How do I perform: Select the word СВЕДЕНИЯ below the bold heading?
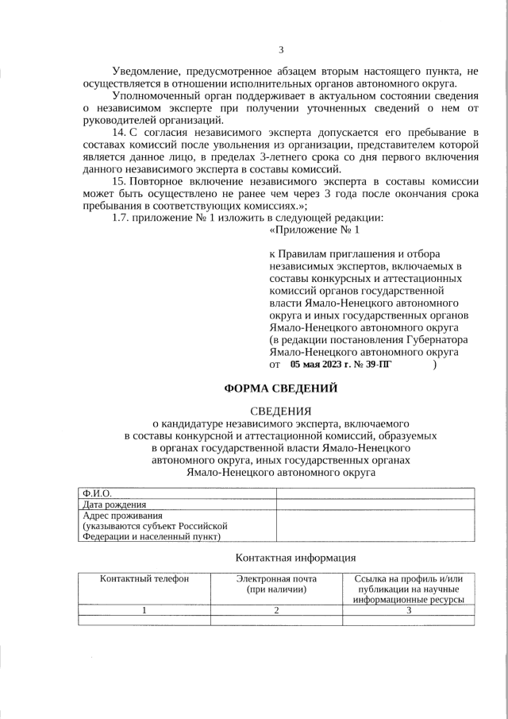coord(281,411)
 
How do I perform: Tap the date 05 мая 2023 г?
coord(316,365)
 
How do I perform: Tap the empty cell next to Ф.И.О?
coord(375,493)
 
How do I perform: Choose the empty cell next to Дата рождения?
coord(375,504)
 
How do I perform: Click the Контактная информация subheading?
coord(296,558)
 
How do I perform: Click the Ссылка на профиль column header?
coord(409,578)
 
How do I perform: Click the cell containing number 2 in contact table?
coord(276,610)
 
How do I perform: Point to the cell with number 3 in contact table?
coord(409,610)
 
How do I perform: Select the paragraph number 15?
coord(120,181)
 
